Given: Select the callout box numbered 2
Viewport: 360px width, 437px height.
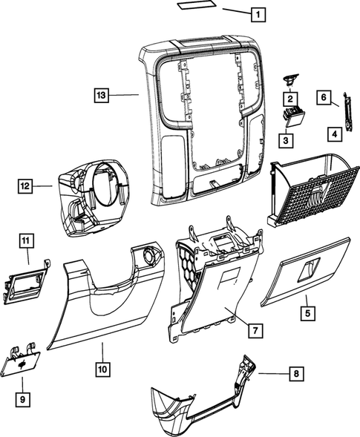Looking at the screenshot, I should tap(290, 97).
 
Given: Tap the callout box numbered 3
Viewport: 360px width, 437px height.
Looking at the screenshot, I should tap(285, 138).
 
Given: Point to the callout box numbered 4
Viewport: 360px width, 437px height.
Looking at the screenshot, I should tap(335, 134).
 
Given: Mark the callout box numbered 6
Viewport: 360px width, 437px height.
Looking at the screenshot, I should tap(324, 96).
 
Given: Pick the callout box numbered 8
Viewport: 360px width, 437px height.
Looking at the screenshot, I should tap(297, 373).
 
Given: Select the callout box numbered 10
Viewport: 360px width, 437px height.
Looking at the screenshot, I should tap(101, 367).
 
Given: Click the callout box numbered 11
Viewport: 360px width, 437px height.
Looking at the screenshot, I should tap(25, 240).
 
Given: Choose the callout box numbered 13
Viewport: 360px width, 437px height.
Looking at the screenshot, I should tap(102, 95).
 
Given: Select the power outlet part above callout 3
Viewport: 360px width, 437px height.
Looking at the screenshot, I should tap(290, 114).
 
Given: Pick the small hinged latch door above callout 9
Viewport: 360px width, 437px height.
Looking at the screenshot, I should tap(23, 361).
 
